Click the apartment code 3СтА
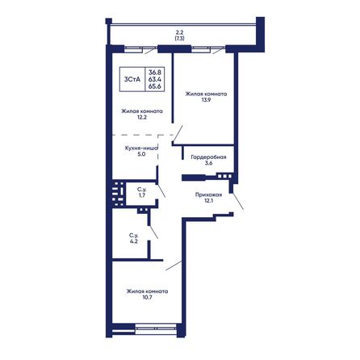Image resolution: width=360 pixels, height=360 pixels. [132, 79]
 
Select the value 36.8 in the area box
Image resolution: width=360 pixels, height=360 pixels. [155, 72]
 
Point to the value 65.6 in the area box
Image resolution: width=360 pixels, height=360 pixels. [155, 86]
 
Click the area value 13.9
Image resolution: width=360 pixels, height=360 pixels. [206, 100]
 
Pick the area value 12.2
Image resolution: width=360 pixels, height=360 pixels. [141, 117]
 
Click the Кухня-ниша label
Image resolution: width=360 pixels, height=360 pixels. [141, 148]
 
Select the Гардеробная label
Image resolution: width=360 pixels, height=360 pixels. [208, 157]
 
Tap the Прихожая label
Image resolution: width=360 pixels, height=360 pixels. [208, 195]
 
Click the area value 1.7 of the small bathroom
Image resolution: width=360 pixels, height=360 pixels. [142, 195]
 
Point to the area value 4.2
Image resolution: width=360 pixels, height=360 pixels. [134, 241]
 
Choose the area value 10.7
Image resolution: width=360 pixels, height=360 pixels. [147, 298]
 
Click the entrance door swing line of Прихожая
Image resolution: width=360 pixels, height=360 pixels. [237, 201]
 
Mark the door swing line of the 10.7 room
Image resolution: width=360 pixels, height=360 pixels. [174, 266]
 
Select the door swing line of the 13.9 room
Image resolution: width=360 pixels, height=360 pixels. [178, 133]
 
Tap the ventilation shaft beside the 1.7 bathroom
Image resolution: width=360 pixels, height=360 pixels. [118, 194]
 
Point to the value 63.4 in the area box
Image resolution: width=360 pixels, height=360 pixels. [155, 79]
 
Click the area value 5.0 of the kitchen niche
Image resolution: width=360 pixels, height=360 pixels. [141, 154]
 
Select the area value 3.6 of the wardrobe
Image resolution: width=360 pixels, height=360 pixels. [208, 163]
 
